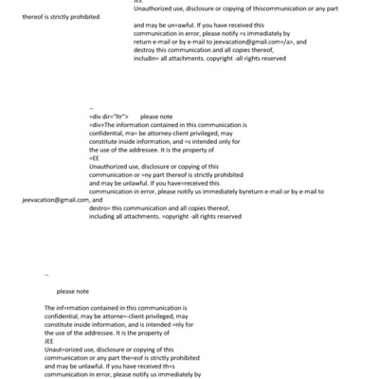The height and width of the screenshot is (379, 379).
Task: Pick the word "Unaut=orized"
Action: tap(63, 352)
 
